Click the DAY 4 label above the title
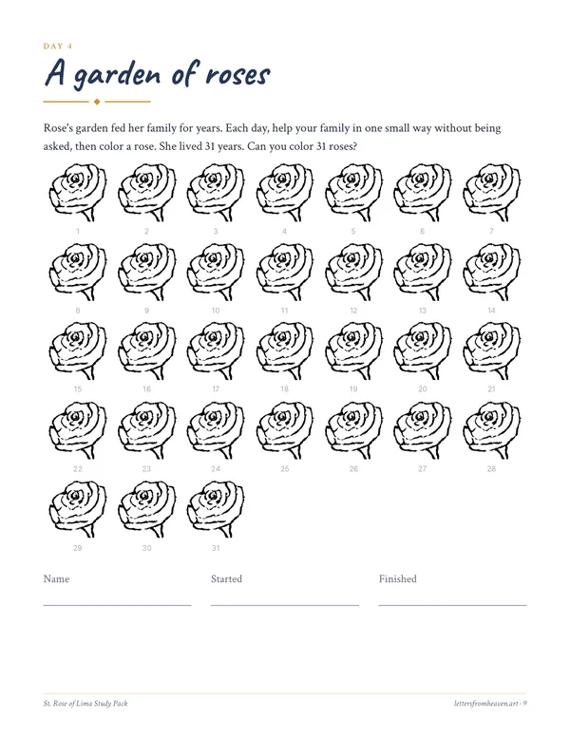(58, 46)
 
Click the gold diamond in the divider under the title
(97, 102)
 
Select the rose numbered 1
(78, 192)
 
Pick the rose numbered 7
(491, 192)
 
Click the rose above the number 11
(285, 272)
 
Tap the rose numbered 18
(285, 350)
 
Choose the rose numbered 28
(491, 429)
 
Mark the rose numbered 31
(216, 508)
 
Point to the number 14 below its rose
(491, 311)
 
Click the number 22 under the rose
(78, 468)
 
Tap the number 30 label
(146, 548)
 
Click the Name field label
(56, 578)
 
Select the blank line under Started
(285, 605)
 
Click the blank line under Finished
(452, 605)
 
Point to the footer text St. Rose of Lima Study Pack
(85, 703)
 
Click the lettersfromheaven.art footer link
(486, 703)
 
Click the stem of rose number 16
(159, 372)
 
